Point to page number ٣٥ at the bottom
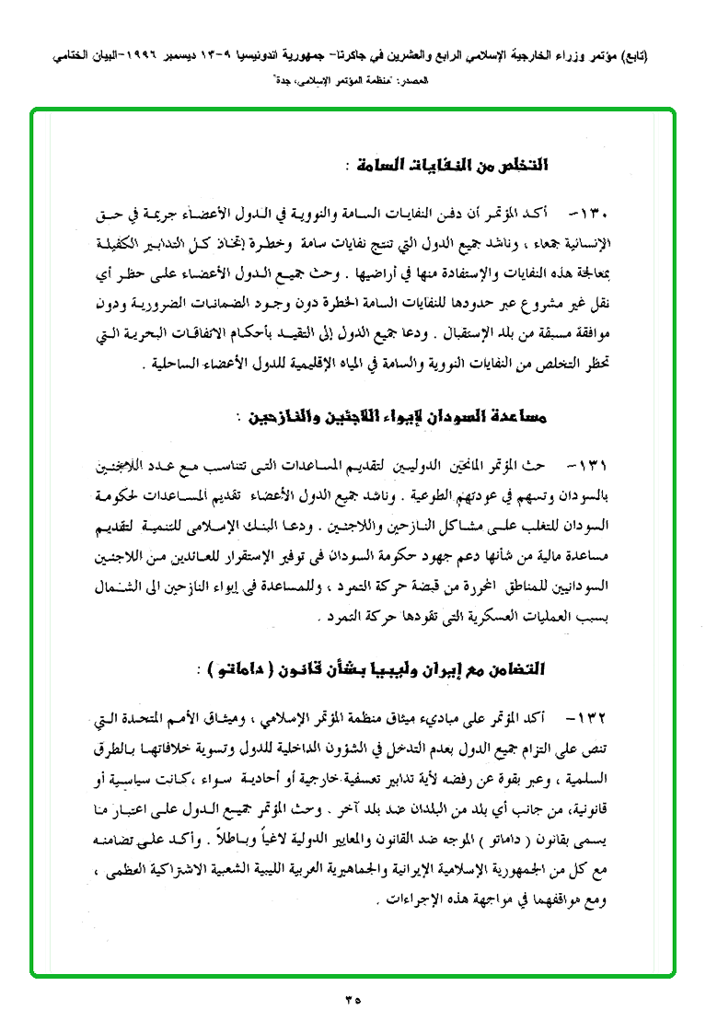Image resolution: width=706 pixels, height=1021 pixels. coord(353,996)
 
